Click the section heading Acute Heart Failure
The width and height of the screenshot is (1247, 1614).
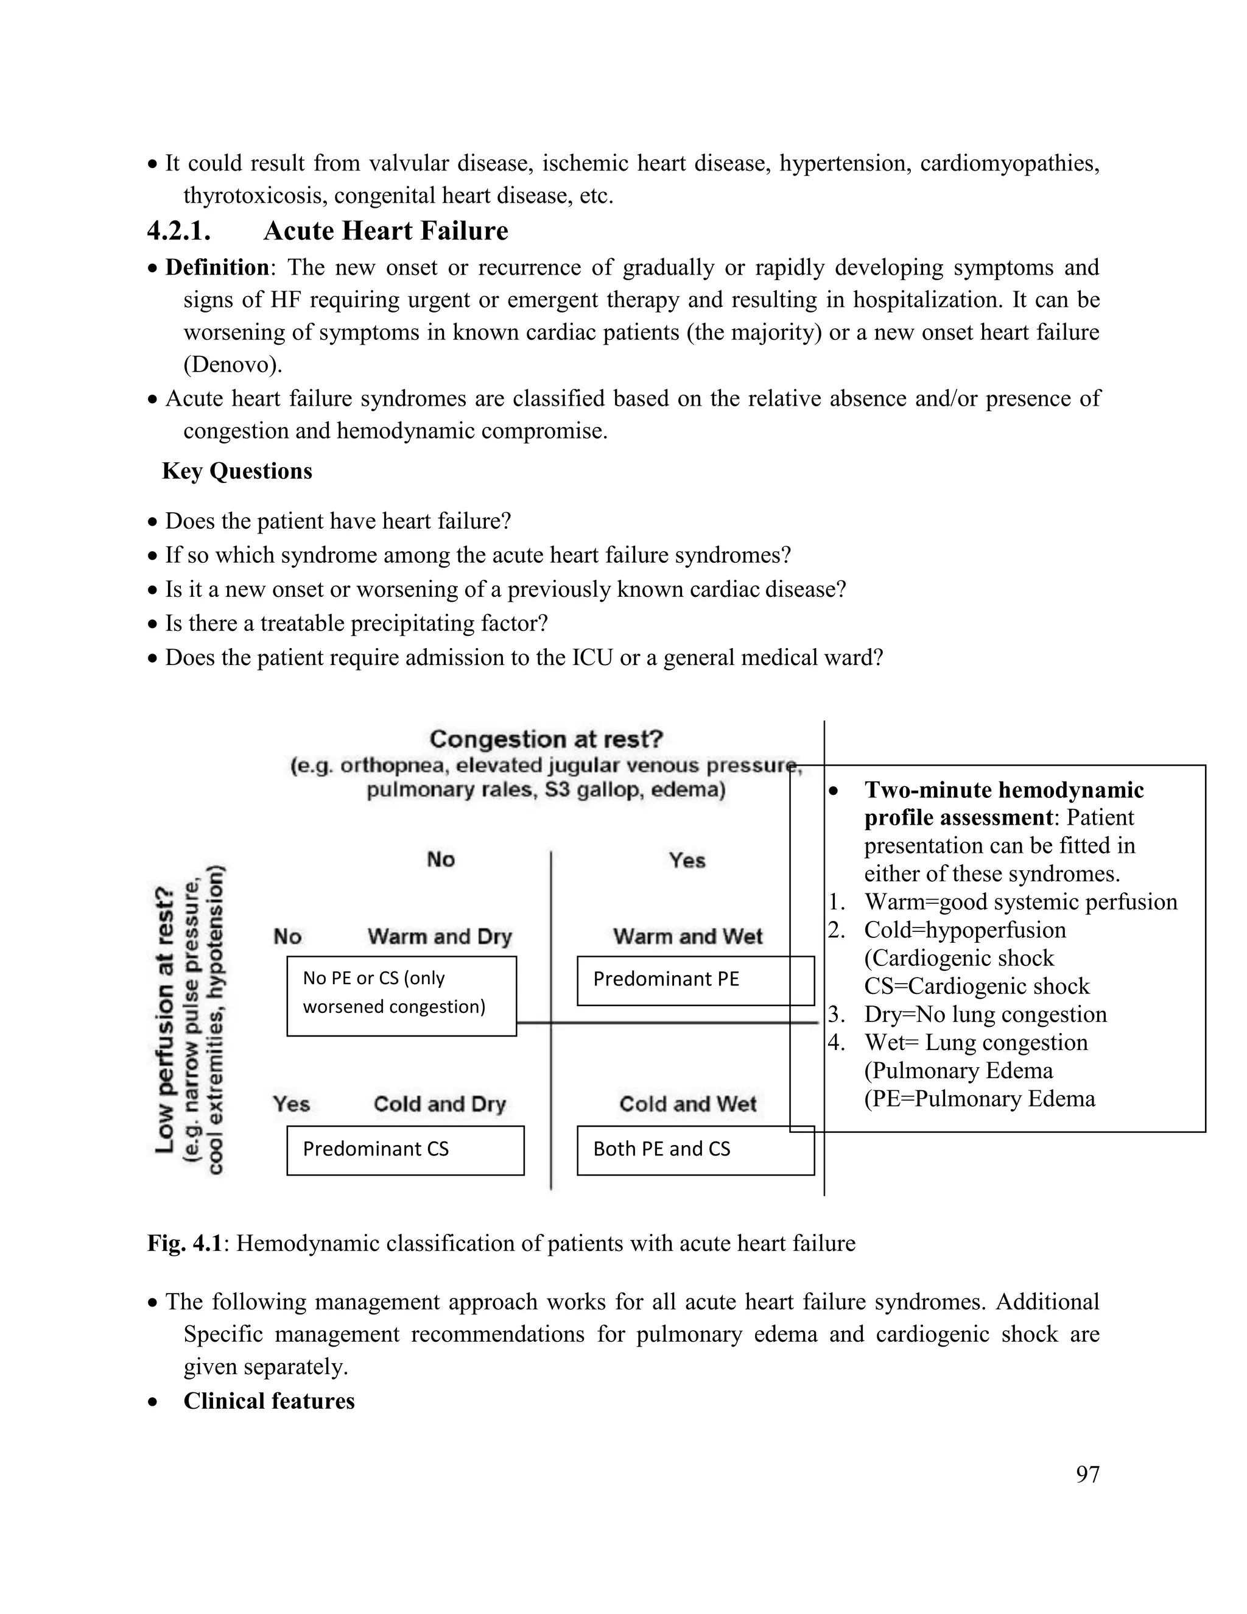point(385,231)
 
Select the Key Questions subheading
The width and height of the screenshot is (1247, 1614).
point(237,471)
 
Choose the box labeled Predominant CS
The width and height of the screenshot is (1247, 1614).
point(405,1150)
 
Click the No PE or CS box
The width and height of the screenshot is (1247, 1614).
point(401,995)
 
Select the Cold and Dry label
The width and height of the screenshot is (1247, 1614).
point(440,1104)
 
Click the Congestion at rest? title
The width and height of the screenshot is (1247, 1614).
point(546,739)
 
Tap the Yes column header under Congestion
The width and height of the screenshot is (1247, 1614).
point(687,860)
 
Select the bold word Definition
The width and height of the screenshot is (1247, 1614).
point(216,267)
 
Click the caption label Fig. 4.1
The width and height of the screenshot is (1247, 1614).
point(184,1244)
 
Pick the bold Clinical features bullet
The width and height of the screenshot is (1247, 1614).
point(269,1401)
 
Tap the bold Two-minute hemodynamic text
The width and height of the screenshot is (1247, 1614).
point(1003,790)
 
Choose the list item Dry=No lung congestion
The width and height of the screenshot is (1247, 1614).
point(985,1015)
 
